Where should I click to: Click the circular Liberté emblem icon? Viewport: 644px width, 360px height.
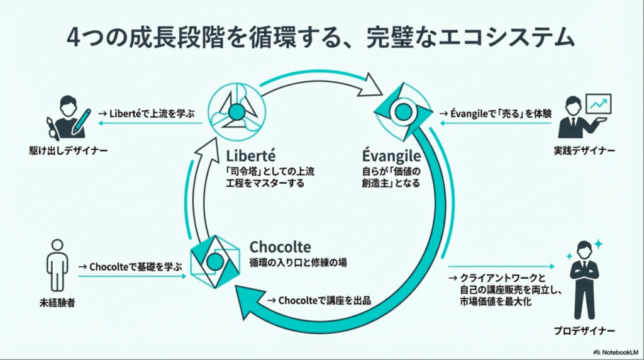pyautogui.click(x=236, y=112)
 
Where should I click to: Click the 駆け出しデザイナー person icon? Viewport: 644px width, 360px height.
pyautogui.click(x=67, y=118)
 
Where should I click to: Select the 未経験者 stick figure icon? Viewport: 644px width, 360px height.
pyautogui.click(x=57, y=264)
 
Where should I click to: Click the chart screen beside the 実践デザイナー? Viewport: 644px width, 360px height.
pyautogui.click(x=598, y=104)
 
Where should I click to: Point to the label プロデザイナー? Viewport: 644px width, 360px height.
pyautogui.click(x=584, y=330)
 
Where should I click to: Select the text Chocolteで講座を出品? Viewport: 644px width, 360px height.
pyautogui.click(x=319, y=300)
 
